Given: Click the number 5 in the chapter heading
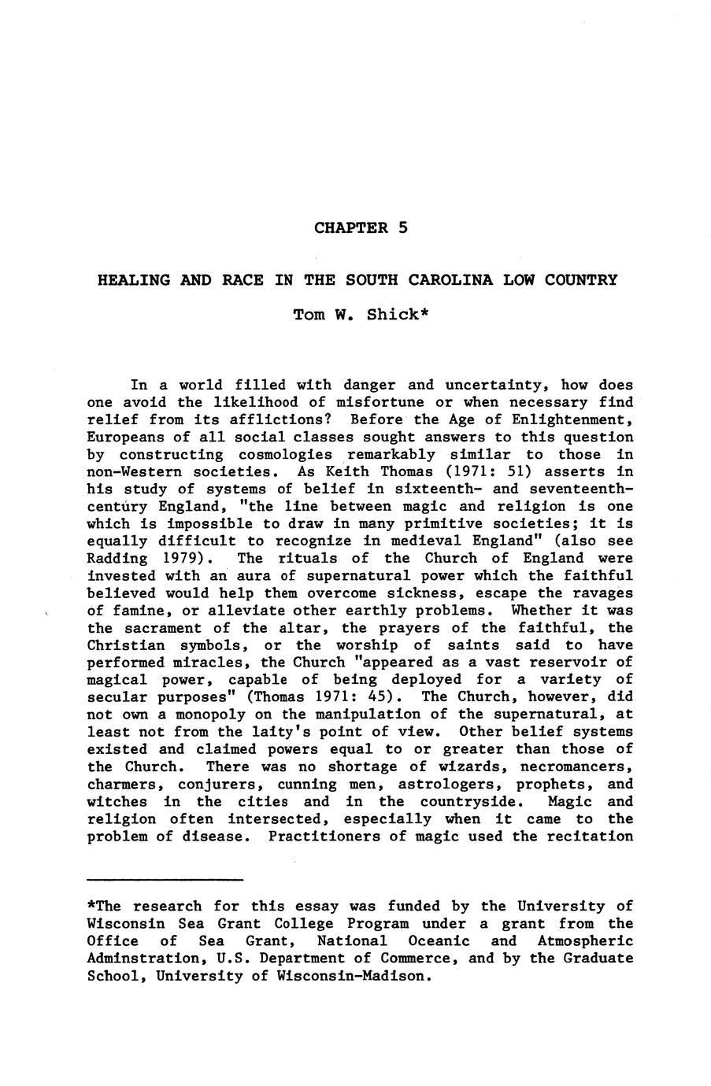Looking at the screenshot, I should coord(402,228).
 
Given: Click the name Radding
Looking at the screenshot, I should coord(117,559).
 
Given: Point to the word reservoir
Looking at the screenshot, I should coord(567,663).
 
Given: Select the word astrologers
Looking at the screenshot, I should coord(447,784).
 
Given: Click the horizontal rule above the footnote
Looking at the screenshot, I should coord(165,879).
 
